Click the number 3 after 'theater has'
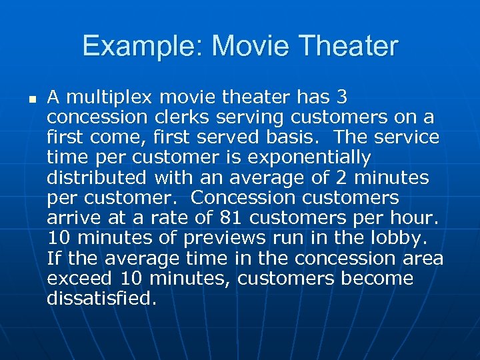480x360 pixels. coord(341,98)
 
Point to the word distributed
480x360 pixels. coord(97,178)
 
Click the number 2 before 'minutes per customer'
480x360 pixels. coord(347,178)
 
